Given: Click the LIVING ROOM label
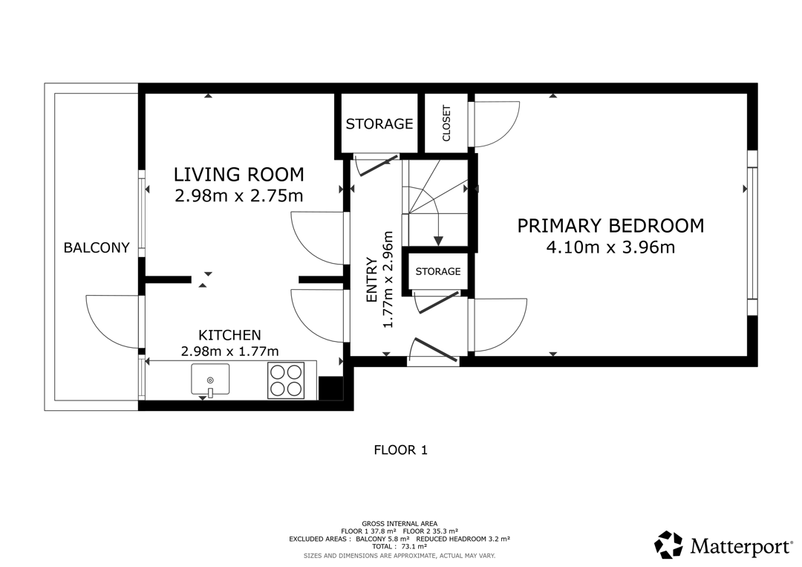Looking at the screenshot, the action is pyautogui.click(x=239, y=175).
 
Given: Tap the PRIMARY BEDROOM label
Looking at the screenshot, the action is pyautogui.click(x=610, y=226).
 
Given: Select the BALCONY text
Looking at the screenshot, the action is pyautogui.click(x=97, y=247).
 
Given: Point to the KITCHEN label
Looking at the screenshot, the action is pyautogui.click(x=229, y=335).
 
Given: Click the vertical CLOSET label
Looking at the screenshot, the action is pyautogui.click(x=446, y=123).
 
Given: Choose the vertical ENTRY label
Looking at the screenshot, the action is pyautogui.click(x=372, y=280).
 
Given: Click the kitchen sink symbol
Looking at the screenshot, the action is pyautogui.click(x=210, y=380).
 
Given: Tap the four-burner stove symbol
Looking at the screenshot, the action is pyautogui.click(x=286, y=380).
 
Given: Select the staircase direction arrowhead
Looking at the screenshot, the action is pyautogui.click(x=438, y=241).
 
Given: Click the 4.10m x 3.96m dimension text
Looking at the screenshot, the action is pyautogui.click(x=610, y=247).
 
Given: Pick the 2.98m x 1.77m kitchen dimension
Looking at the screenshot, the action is pyautogui.click(x=229, y=351).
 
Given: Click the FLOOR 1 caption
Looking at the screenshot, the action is pyautogui.click(x=401, y=450).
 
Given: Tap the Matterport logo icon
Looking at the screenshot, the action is pyautogui.click(x=669, y=545).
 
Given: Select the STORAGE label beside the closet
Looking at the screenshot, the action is pyautogui.click(x=379, y=124).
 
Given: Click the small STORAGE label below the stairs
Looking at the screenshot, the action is pyautogui.click(x=438, y=271).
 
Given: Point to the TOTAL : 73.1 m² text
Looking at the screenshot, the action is pyautogui.click(x=400, y=546).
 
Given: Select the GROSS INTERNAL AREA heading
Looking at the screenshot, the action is pyautogui.click(x=400, y=523).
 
